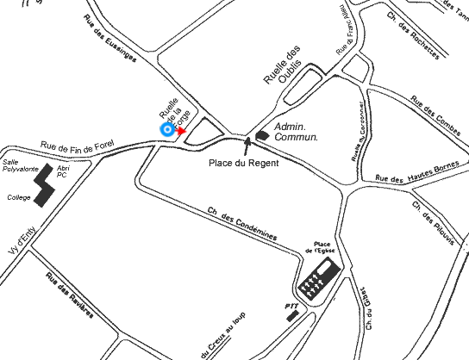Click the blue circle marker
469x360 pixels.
click(x=166, y=129)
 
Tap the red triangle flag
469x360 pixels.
click(x=181, y=130)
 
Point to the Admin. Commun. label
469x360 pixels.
click(x=296, y=131)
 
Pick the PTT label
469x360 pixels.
click(x=291, y=305)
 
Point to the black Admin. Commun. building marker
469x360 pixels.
click(x=261, y=134)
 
